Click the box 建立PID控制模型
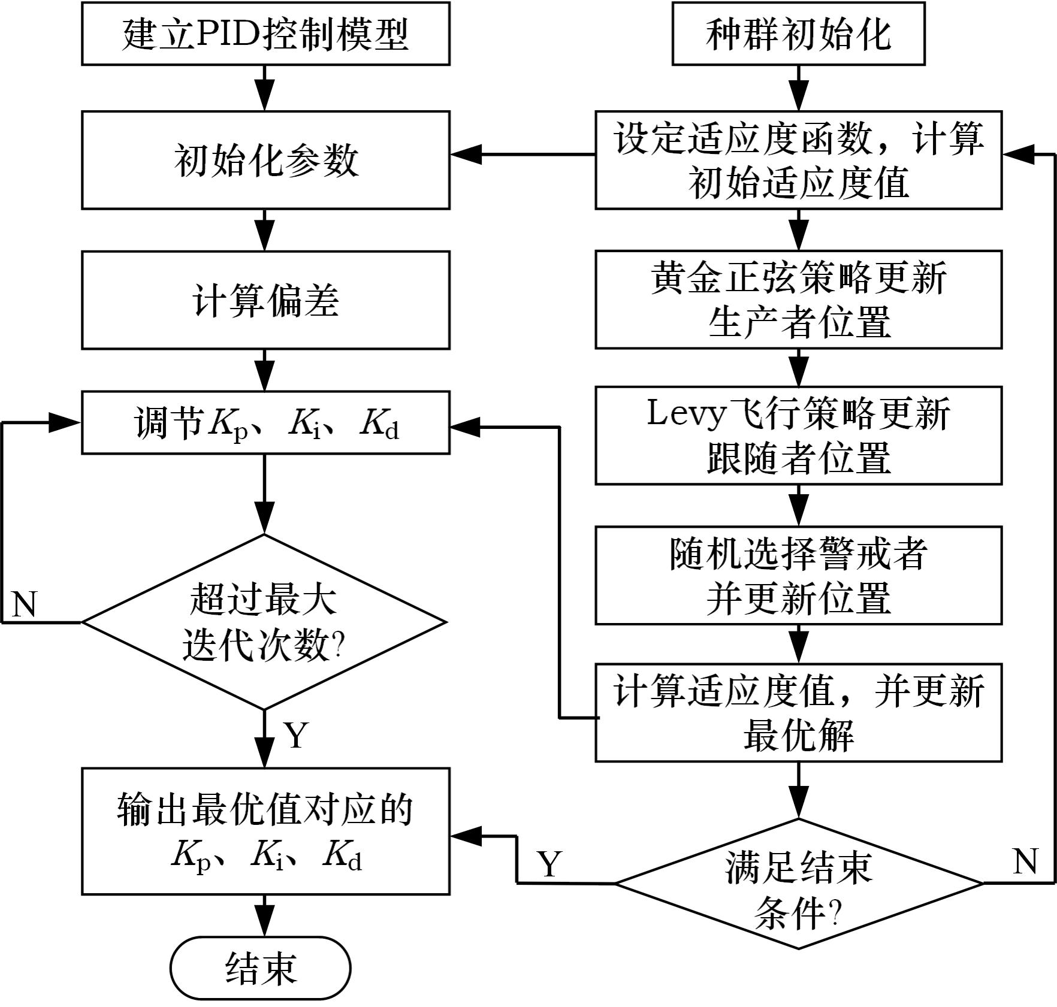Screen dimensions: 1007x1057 (x=265, y=34)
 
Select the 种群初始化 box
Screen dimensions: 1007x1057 (x=798, y=34)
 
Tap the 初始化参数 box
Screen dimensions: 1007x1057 (x=265, y=160)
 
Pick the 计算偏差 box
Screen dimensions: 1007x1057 (x=265, y=300)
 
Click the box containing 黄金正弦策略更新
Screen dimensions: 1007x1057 (x=798, y=300)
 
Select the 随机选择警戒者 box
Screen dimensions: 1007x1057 (x=798, y=575)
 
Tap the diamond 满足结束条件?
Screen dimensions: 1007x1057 (x=798, y=884)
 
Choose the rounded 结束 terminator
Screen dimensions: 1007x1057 (x=260, y=968)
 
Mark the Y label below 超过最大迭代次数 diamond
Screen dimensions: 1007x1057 (x=296, y=735)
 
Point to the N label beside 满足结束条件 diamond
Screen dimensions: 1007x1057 (x=1025, y=861)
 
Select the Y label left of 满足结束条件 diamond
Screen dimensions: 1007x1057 (x=549, y=864)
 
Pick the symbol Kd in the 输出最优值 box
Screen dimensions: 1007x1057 (x=342, y=855)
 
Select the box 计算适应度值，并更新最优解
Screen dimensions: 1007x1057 (x=798, y=713)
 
